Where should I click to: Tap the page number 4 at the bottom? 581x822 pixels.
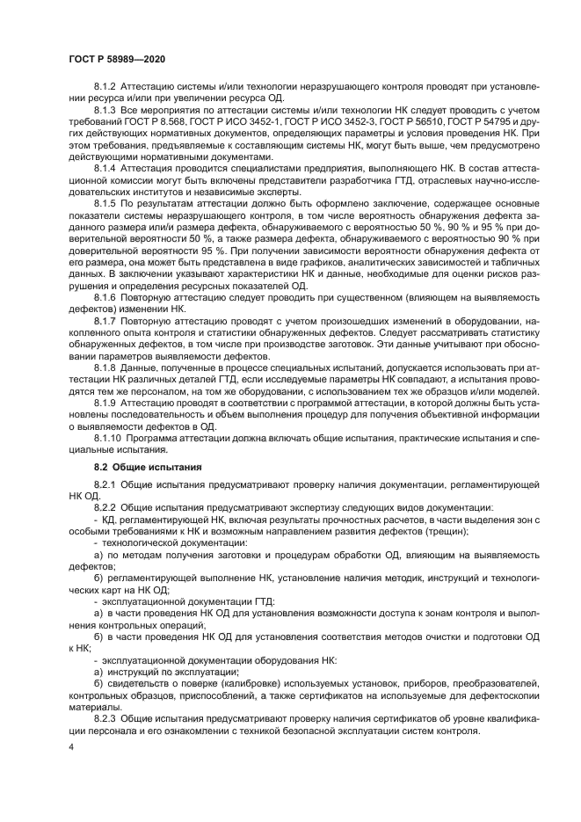coord(70,747)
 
